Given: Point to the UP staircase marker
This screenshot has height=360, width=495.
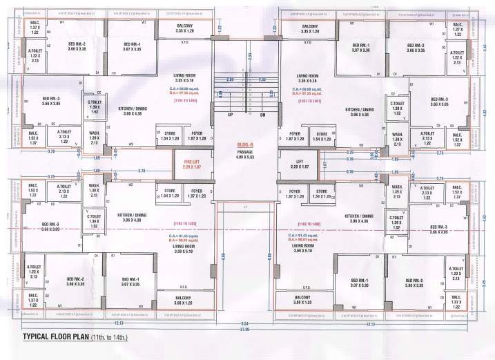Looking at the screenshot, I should (231, 115).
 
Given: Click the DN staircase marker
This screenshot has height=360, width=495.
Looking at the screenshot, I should (263, 115).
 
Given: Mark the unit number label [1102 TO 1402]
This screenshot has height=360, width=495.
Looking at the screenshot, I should (307, 225).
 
